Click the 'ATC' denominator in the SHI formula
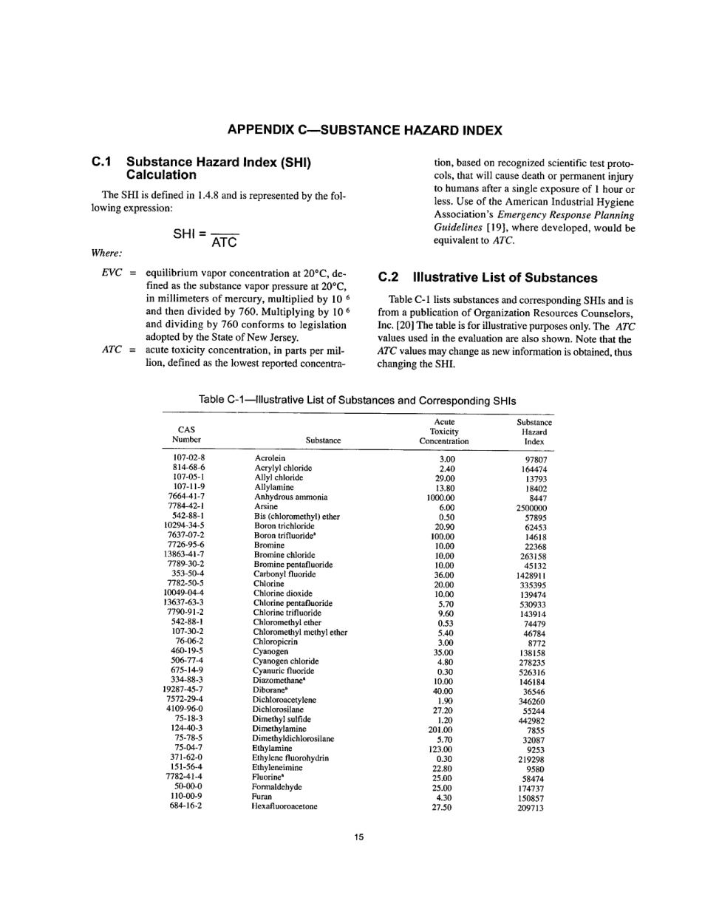click(x=224, y=242)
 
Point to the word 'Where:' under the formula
click(x=106, y=253)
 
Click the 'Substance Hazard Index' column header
click(x=534, y=432)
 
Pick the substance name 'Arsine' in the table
click(x=266, y=507)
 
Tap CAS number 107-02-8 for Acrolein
click(x=188, y=459)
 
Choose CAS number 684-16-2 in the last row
click(x=185, y=806)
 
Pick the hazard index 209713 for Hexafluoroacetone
click(x=531, y=808)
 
